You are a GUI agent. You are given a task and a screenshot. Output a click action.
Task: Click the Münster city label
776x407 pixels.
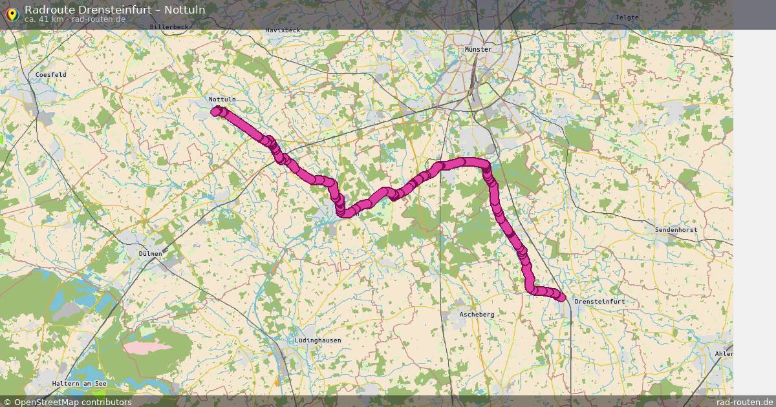pyautogui.click(x=478, y=49)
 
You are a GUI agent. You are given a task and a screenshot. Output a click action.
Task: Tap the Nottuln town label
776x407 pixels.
pyautogui.click(x=222, y=99)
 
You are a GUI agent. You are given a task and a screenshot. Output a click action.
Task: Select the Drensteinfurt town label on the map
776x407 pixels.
pyautogui.click(x=599, y=302)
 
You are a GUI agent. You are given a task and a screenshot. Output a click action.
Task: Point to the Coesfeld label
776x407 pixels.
pyautogui.click(x=51, y=75)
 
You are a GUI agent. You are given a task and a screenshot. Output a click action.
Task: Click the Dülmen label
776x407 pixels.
pyautogui.click(x=150, y=254)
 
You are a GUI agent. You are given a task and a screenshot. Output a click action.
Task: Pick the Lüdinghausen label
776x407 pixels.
pyautogui.click(x=318, y=340)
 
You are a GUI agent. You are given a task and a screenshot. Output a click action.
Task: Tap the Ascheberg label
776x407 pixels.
pyautogui.click(x=477, y=314)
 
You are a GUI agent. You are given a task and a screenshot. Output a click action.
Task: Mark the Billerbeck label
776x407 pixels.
pyautogui.click(x=169, y=27)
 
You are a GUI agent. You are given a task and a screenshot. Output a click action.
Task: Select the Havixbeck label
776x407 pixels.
pyautogui.click(x=283, y=30)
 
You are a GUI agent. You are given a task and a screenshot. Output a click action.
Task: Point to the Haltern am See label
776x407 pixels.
pyautogui.click(x=80, y=384)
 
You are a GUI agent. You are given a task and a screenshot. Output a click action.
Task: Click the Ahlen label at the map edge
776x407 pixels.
pyautogui.click(x=724, y=353)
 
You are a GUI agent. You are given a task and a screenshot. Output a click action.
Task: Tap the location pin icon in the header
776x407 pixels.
pyautogui.click(x=12, y=14)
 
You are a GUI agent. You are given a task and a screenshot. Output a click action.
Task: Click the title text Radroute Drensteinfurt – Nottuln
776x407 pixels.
pyautogui.click(x=115, y=9)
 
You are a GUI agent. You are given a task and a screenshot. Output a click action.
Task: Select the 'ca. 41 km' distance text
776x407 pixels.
pyautogui.click(x=43, y=19)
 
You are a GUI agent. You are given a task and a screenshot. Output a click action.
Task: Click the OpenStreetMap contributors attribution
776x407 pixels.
pyautogui.click(x=67, y=402)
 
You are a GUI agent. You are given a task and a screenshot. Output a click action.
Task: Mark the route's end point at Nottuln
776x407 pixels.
pyautogui.click(x=215, y=110)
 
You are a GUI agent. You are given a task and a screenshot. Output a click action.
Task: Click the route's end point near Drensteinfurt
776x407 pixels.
pyautogui.click(x=561, y=298)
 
